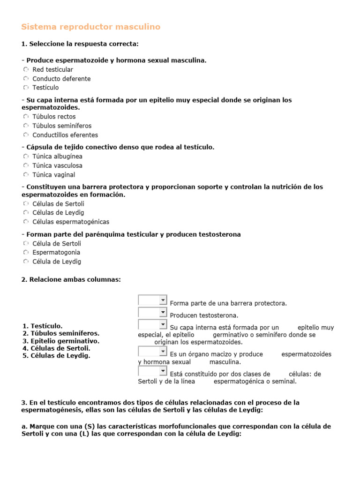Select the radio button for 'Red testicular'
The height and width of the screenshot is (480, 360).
tap(26, 69)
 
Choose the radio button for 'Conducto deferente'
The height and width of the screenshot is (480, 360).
tap(26, 78)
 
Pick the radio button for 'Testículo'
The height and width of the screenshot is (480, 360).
tap(26, 87)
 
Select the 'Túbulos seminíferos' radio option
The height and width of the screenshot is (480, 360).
tap(26, 126)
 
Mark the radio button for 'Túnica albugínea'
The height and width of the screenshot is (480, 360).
tap(26, 157)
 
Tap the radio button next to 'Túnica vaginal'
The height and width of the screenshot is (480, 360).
tap(26, 175)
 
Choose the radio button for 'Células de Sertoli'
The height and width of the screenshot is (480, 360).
tap(26, 204)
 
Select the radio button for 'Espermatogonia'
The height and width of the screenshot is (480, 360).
tap(26, 253)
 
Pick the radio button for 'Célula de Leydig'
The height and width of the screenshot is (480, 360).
tap(26, 262)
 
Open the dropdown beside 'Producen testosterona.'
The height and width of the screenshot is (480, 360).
tap(153, 313)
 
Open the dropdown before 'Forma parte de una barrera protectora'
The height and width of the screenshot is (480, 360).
tap(153, 300)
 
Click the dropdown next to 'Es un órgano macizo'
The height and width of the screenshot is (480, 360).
tap(153, 352)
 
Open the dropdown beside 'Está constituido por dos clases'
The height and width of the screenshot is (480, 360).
tap(153, 371)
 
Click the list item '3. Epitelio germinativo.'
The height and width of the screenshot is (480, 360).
tap(61, 341)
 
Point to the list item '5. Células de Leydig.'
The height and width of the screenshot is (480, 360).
tap(56, 356)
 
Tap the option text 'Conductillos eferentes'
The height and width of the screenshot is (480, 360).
tap(65, 135)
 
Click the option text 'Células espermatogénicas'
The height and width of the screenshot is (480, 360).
tap(71, 222)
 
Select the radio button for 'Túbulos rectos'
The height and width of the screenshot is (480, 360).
tap(26, 117)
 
